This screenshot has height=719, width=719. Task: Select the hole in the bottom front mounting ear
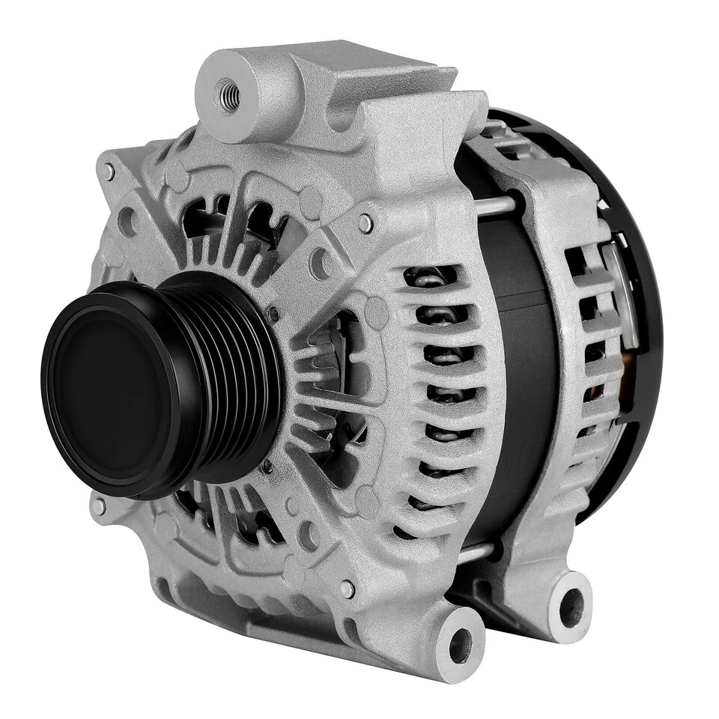pyautogui.click(x=459, y=645)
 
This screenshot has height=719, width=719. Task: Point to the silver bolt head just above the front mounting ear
pyautogui.click(x=348, y=589)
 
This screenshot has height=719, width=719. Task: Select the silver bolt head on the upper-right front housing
pyautogui.click(x=365, y=222)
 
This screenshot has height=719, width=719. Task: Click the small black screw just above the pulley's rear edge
pyautogui.click(x=275, y=312)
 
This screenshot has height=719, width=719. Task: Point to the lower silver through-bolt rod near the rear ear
pyautogui.click(x=479, y=553)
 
